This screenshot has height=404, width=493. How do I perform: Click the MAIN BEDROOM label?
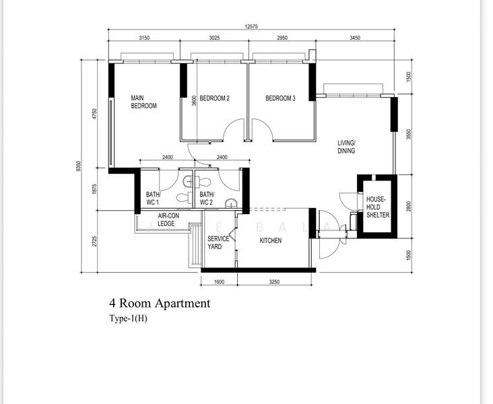click(143, 102)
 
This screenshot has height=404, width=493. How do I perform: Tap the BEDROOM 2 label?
click(214, 98)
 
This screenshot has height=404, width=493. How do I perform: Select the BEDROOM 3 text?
click(280, 98)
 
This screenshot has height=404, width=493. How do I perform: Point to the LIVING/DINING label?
click(346, 147)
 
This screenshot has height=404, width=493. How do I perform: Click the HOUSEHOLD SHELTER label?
click(378, 207)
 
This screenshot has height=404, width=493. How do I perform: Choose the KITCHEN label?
click(270, 240)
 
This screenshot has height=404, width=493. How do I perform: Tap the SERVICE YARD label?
click(218, 242)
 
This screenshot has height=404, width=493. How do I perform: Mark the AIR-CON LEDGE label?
click(168, 220)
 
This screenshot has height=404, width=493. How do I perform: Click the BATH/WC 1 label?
click(153, 199)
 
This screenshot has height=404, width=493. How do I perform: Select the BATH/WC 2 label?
click(207, 199)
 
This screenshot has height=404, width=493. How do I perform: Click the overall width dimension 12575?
click(251, 26)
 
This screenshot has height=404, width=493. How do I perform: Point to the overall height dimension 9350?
click(79, 166)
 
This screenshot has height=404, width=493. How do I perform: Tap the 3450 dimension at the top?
click(355, 38)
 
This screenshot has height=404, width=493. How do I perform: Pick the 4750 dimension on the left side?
click(95, 114)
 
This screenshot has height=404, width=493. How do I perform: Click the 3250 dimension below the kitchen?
click(274, 282)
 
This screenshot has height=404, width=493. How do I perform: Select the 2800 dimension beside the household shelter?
click(408, 206)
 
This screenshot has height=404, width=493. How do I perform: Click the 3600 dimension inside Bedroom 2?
click(194, 100)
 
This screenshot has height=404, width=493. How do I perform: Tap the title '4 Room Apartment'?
click(160, 304)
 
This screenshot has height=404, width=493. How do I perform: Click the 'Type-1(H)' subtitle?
click(128, 318)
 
